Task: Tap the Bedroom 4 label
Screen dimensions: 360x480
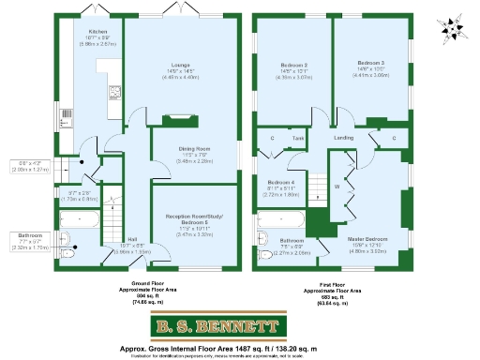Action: [279, 182]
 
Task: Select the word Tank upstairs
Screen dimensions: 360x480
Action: [297, 138]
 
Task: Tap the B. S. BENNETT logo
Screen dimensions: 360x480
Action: [217, 328]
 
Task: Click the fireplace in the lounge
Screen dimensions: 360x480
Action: [174, 118]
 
